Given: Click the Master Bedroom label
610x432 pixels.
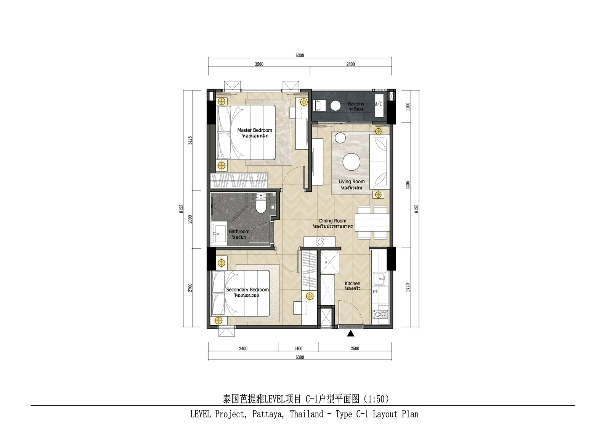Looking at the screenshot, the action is [255, 130].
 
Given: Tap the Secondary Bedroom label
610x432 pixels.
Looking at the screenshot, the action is [247, 290].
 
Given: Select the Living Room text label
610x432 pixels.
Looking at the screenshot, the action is [352, 181].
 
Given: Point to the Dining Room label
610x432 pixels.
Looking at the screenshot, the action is [332, 221].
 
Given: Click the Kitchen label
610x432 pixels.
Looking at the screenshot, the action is [352, 283].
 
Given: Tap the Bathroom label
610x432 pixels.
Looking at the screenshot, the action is [239, 231].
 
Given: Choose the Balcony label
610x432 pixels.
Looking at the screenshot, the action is [356, 104].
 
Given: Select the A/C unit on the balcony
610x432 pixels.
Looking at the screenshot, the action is [379, 105].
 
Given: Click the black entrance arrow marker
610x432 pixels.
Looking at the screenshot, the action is [351, 333].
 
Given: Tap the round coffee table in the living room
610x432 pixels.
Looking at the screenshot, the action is [351, 162].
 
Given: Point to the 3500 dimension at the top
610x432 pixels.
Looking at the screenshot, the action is [259, 65].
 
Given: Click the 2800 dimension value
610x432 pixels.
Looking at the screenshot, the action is [350, 65].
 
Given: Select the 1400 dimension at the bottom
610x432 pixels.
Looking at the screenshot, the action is [298, 349].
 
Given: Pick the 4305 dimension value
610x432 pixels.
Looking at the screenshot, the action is [408, 185].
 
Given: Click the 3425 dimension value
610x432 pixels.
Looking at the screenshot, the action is [190, 140].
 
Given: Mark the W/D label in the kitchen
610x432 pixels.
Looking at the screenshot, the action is [375, 292].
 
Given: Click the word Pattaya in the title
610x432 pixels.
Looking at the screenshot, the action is [268, 414].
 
